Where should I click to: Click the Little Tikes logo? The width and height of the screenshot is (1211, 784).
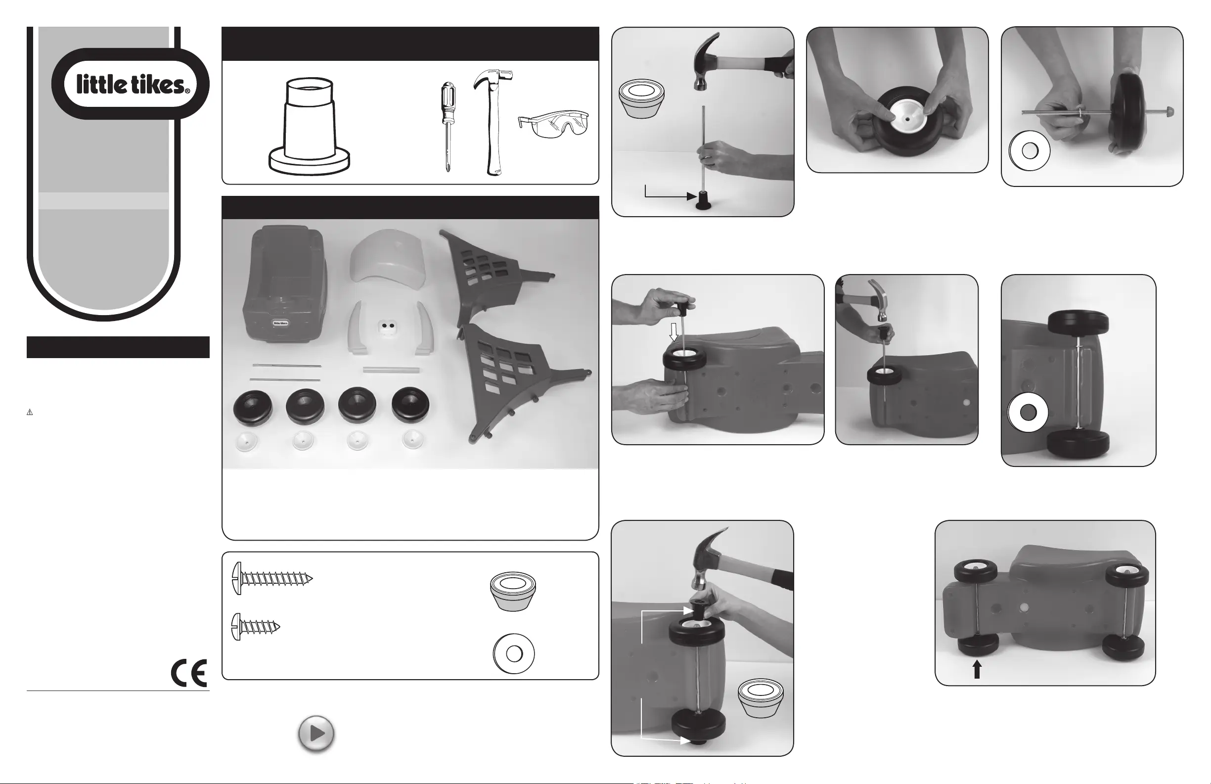[130, 84]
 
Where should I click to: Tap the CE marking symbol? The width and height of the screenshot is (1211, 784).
[189, 673]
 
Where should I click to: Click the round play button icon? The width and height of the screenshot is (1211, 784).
[316, 734]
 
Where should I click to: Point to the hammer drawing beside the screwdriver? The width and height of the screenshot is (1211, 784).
[489, 122]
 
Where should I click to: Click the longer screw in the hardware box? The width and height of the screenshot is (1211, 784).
[271, 578]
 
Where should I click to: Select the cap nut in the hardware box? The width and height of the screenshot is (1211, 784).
[513, 591]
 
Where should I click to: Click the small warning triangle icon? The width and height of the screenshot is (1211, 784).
[30, 413]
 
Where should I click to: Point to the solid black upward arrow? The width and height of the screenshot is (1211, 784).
[977, 669]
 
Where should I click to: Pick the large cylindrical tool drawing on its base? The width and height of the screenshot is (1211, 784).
[310, 126]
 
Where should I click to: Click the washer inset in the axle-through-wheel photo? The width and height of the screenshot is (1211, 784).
[1030, 151]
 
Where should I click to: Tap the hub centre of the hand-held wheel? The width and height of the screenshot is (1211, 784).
[908, 118]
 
